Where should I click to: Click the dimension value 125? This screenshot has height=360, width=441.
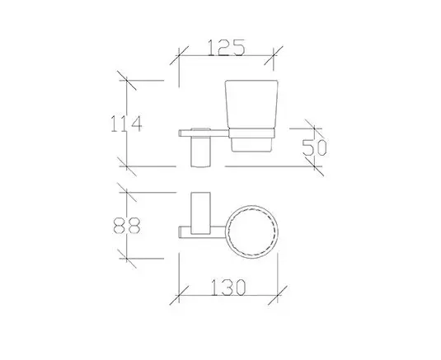click(x=227, y=48)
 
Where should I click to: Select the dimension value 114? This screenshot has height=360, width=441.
click(x=126, y=124)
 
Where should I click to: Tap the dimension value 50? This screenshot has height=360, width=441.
click(x=314, y=147)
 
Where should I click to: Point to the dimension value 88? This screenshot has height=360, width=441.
click(x=127, y=226)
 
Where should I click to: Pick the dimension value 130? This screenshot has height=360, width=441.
click(x=228, y=288)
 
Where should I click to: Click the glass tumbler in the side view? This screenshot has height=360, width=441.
click(x=251, y=116)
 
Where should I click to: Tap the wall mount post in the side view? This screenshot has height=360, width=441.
click(x=200, y=152)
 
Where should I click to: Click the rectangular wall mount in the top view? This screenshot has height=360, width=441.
click(x=200, y=213)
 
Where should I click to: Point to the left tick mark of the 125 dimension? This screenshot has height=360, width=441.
click(x=179, y=55)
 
